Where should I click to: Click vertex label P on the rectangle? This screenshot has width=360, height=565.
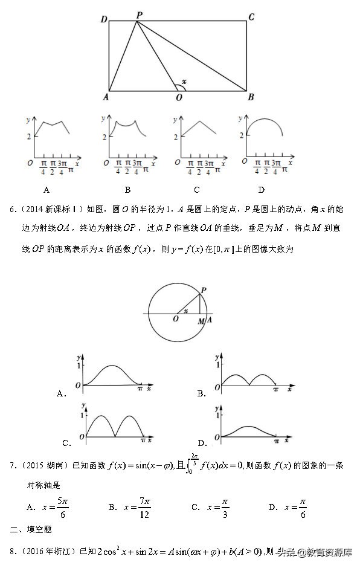click(139, 15)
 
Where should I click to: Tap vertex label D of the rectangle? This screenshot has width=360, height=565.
click(104, 19)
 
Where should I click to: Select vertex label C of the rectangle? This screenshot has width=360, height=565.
click(251, 17)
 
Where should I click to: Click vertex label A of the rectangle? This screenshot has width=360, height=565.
click(106, 97)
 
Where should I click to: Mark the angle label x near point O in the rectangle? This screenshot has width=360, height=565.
click(184, 81)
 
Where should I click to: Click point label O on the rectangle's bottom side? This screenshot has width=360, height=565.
click(179, 97)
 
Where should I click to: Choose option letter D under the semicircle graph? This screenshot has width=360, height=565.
click(261, 190)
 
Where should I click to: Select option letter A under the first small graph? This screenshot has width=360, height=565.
click(47, 190)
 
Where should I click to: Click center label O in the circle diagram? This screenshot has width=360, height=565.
click(175, 319)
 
